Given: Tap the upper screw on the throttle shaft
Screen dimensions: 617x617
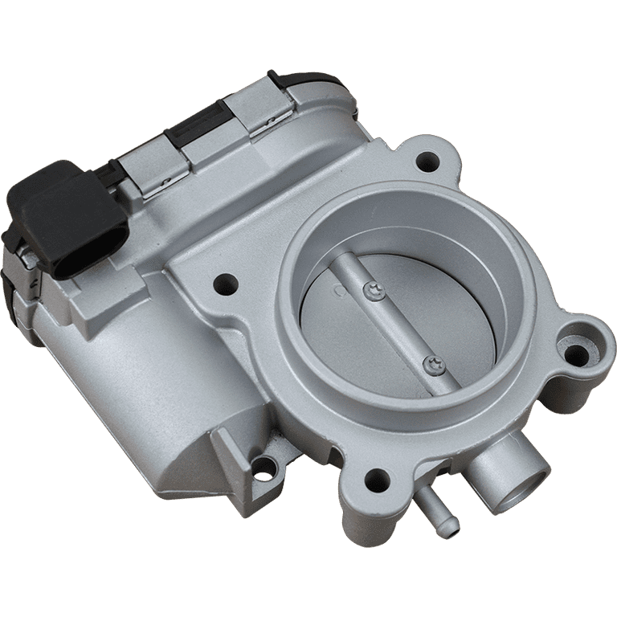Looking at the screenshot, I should coord(371,289).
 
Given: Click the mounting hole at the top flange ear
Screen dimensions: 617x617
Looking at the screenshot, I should coord(427,163).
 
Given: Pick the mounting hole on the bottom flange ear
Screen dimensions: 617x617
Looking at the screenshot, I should coord(375,481).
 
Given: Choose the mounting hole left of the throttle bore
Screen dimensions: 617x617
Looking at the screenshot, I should coord(226,282).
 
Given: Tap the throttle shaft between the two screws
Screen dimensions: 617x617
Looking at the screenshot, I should coord(402,325).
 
